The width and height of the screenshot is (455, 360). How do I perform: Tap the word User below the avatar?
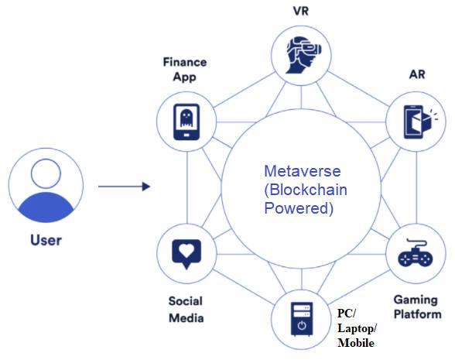pos(46,239)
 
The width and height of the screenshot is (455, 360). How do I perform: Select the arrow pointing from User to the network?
pos(123,187)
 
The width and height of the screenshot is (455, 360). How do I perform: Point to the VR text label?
pos(300,12)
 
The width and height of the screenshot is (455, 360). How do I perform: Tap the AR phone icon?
pos(415,122)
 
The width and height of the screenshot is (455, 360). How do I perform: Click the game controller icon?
pos(415,255)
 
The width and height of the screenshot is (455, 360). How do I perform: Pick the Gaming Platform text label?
pos(417,307)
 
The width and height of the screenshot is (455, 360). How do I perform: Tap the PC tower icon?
pos(300,321)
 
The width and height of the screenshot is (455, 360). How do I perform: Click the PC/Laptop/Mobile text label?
pos(356,327)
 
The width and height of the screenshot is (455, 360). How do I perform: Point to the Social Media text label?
pos(186,308)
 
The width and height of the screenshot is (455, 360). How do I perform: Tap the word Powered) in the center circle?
pos(299,208)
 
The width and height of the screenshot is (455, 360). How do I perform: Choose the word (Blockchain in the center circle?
pos(302,189)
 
